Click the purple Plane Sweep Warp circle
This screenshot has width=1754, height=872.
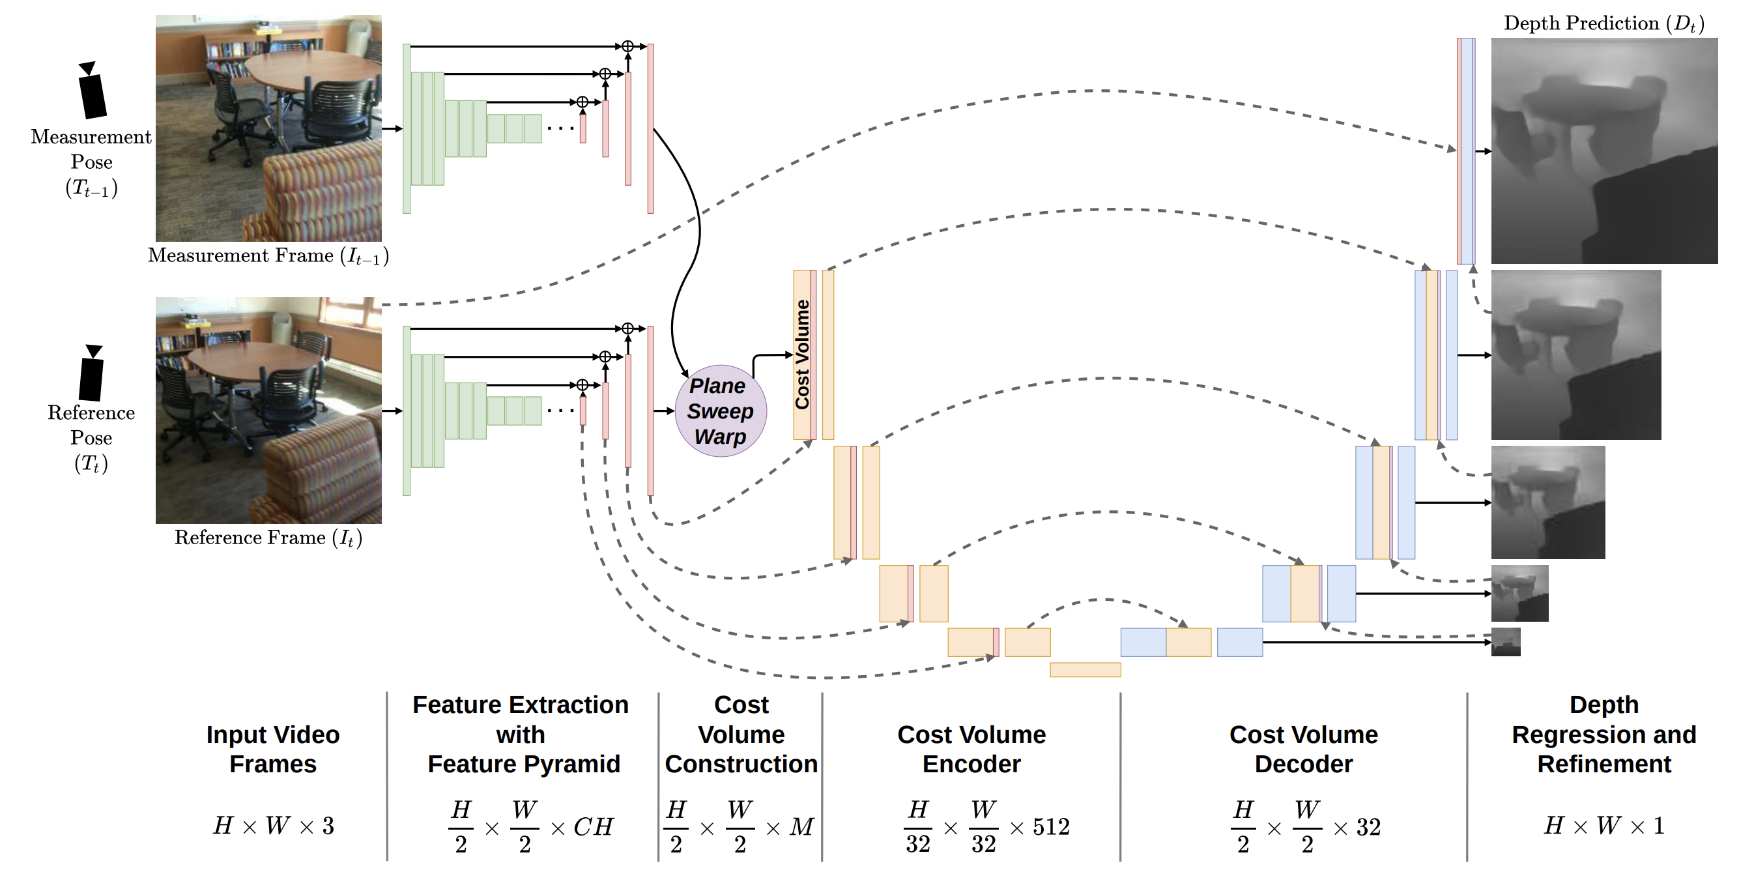[x=721, y=411]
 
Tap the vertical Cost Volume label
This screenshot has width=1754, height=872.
[x=802, y=355]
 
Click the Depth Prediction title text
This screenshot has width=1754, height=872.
[x=1603, y=24]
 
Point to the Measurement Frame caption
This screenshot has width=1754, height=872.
[x=268, y=256]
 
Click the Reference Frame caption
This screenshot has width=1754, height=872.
[x=268, y=538]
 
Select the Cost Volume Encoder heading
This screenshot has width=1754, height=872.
[x=971, y=749]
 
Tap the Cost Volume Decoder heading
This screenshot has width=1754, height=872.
[x=1303, y=749]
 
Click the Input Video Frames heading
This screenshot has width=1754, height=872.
[x=273, y=749]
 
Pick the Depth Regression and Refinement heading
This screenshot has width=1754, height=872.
[x=1603, y=734]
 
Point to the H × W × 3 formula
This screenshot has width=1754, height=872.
[x=274, y=826]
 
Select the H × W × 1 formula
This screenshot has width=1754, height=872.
[x=1603, y=826]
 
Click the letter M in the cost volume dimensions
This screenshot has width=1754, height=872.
[x=801, y=827]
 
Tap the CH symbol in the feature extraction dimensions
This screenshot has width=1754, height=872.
[x=593, y=827]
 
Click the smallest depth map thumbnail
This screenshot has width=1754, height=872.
[x=1505, y=643]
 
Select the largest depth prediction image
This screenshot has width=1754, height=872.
[x=1603, y=151]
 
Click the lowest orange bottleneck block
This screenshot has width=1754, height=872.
[x=1085, y=670]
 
